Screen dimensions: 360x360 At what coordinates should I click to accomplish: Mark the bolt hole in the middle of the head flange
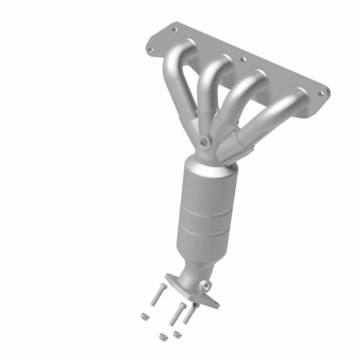pyautogui.click(x=243, y=58)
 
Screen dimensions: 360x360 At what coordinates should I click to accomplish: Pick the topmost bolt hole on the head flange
pyautogui.click(x=174, y=31)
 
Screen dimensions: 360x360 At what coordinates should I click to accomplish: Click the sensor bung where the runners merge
pyautogui.click(x=205, y=143)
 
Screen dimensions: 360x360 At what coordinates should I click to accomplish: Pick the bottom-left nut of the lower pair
pyautogui.click(x=162, y=335)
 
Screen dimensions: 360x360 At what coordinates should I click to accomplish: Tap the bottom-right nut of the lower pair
pyautogui.click(x=176, y=333)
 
